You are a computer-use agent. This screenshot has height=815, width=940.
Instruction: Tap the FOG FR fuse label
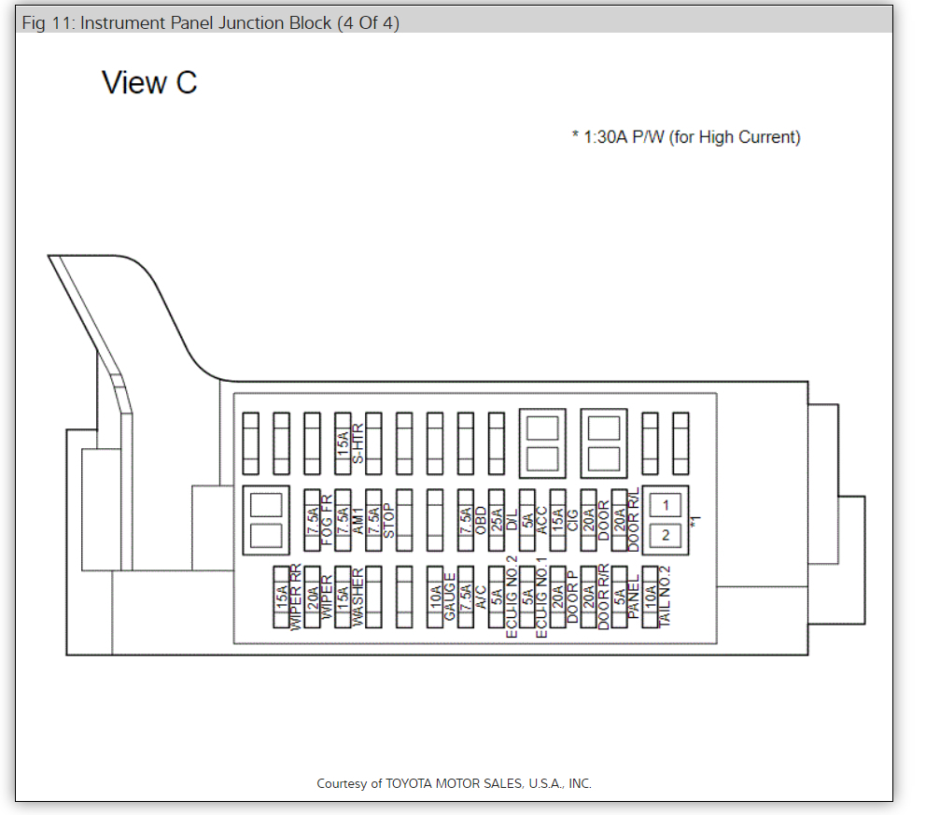[327, 520]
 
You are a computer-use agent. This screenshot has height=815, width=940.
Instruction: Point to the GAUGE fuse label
[450, 597]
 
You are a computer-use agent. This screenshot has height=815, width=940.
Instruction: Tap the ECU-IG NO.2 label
[512, 597]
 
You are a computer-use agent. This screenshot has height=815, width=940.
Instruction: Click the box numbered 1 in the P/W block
[666, 505]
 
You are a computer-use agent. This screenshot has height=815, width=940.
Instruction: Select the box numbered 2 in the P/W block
[666, 535]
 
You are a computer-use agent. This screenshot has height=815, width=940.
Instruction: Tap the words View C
[149, 82]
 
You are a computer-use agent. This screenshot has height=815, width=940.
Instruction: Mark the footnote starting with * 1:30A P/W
[686, 137]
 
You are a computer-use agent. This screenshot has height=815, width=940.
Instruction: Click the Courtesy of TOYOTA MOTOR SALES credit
[454, 783]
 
